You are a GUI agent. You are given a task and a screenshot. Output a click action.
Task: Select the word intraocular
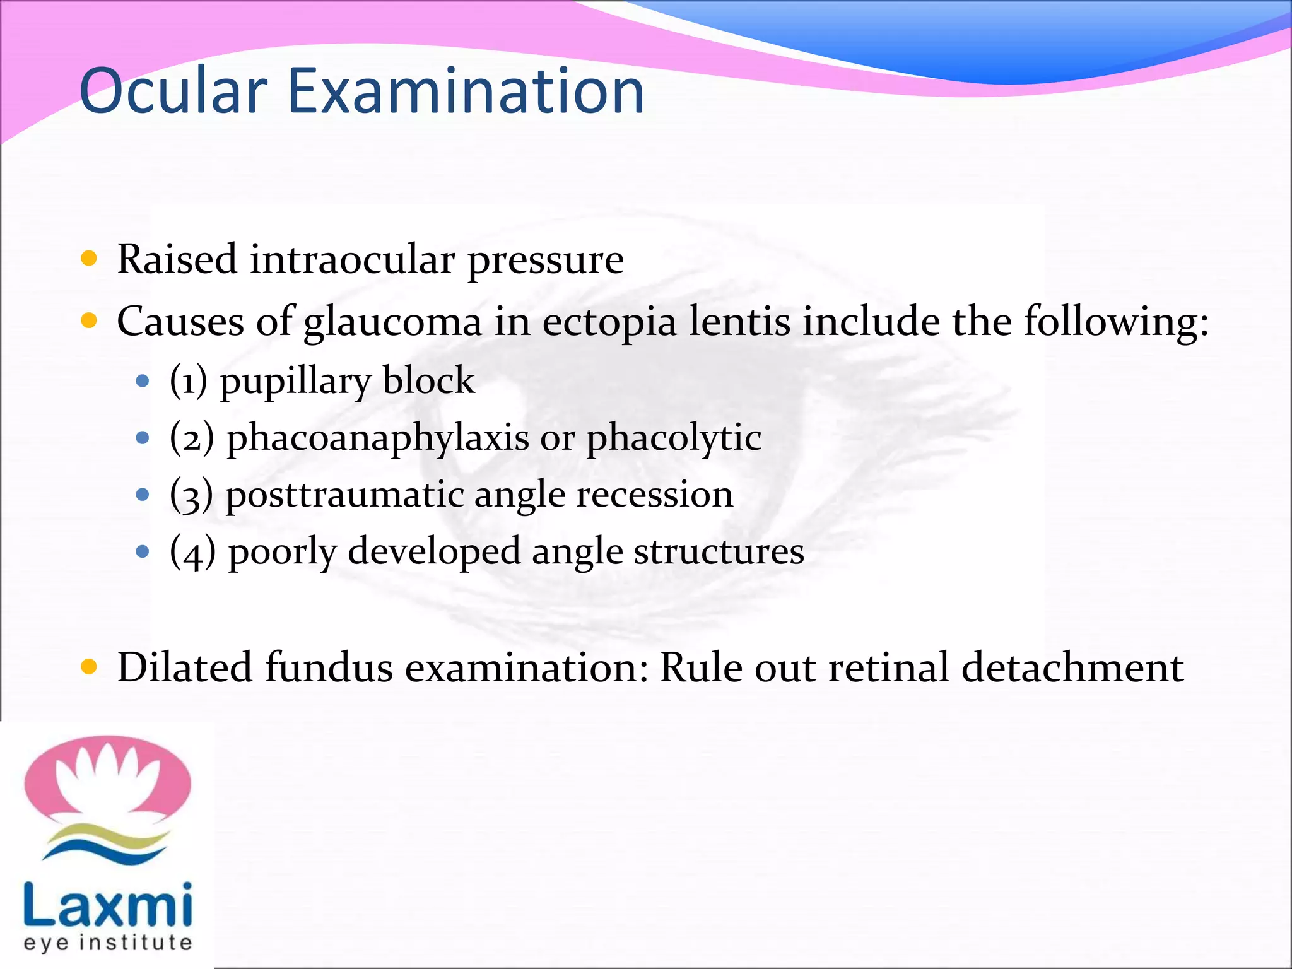click(352, 259)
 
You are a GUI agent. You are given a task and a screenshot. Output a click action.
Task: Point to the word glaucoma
click(392, 322)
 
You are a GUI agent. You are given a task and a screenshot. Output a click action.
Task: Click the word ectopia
click(609, 322)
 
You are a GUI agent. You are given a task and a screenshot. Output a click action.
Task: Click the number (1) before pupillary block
click(188, 381)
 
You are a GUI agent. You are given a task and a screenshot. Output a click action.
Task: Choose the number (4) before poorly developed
click(192, 552)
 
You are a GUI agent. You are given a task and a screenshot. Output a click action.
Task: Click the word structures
click(719, 552)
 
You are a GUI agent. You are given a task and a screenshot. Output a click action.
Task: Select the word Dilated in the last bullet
click(184, 667)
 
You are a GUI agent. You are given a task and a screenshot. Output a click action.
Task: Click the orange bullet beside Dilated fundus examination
click(89, 666)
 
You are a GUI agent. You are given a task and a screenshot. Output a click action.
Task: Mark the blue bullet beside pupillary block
click(143, 381)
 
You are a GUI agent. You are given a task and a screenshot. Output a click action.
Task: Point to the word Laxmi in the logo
click(107, 905)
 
